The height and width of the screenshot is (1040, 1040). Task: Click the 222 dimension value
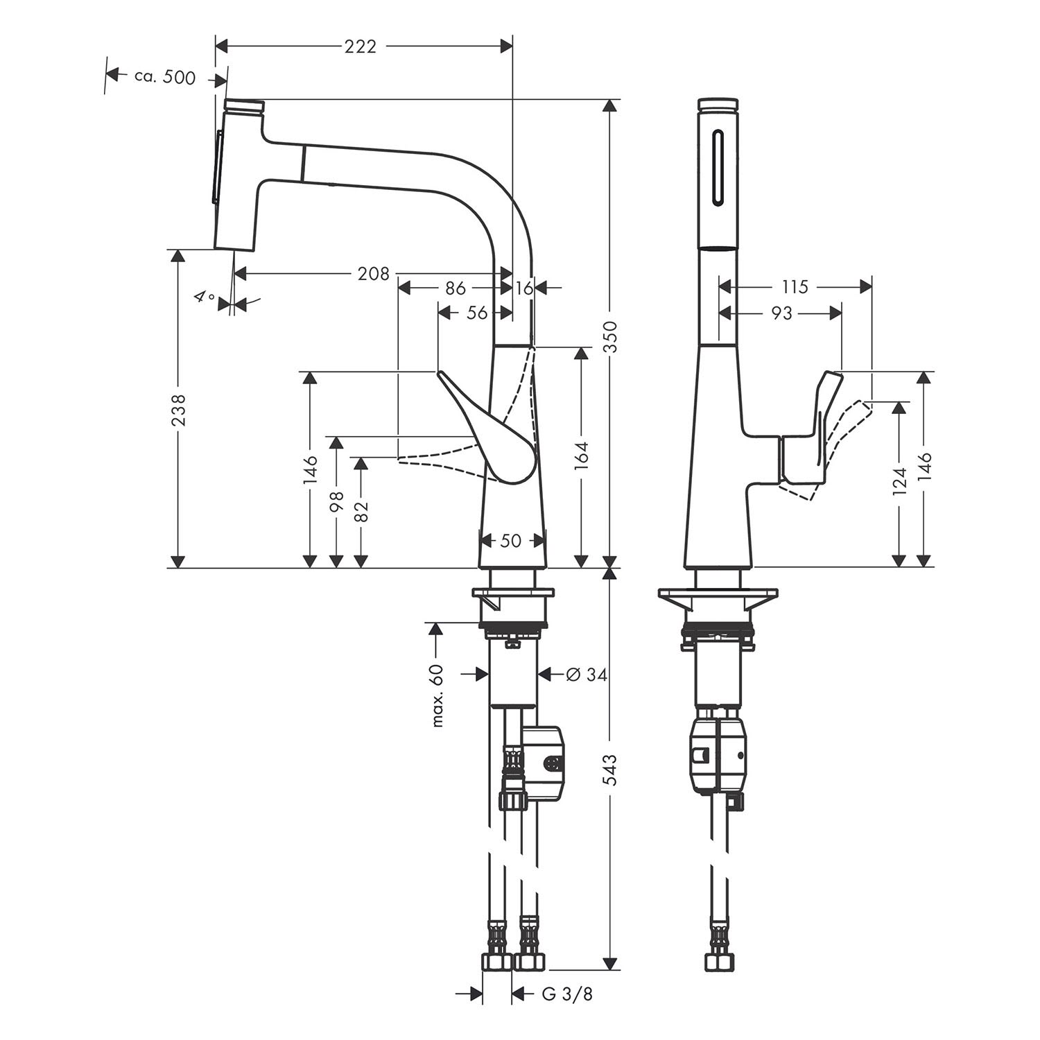point(361,46)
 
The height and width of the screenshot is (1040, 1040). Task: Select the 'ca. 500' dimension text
point(165,77)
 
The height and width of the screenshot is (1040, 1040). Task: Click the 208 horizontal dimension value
point(373,274)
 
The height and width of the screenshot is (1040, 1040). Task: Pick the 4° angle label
point(204,298)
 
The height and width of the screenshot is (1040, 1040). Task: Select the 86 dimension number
point(456,288)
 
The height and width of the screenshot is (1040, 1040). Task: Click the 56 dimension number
point(477,313)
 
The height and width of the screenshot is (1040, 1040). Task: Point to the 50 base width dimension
point(510,540)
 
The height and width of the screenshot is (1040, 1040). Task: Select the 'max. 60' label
point(437,695)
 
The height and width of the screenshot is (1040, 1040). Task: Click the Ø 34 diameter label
point(586,674)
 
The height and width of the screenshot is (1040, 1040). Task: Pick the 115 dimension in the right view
point(795,286)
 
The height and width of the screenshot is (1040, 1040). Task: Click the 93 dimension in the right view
point(781,313)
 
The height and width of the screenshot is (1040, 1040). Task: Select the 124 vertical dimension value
point(899,482)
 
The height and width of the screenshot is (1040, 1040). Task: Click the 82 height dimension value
point(361,510)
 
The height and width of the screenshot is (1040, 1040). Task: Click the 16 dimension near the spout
point(525,288)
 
